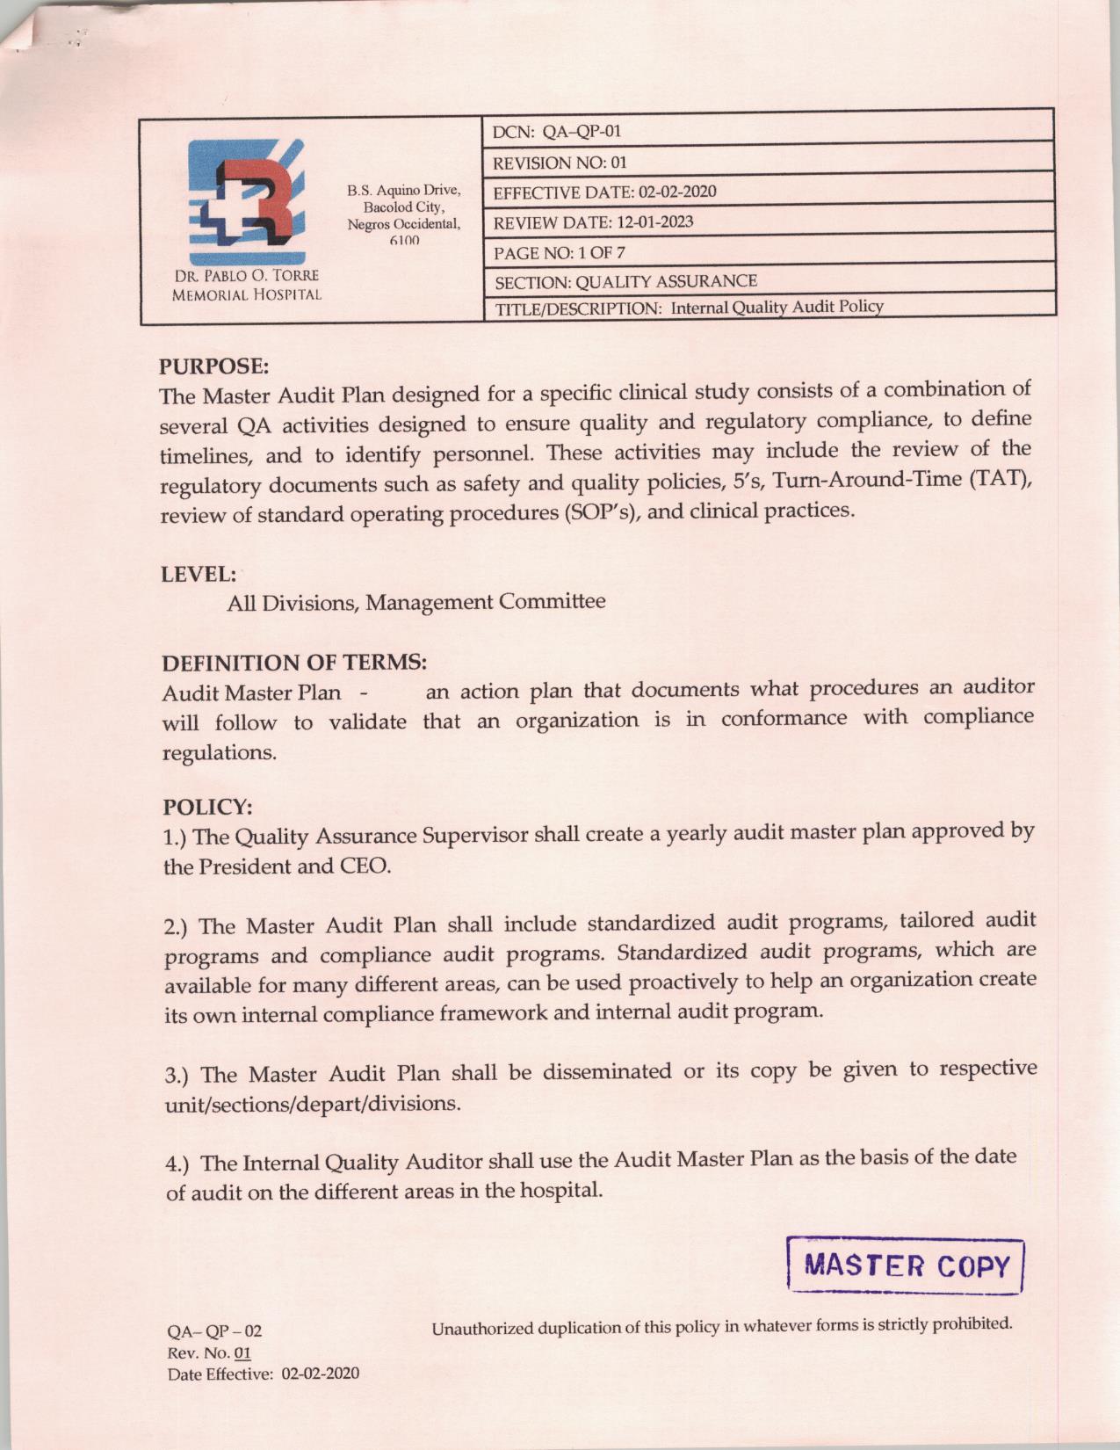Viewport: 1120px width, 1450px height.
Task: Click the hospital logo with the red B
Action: pos(247,200)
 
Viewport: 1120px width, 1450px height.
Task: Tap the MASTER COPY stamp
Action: pos(906,1266)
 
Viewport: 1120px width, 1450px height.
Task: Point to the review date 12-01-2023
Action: pos(654,221)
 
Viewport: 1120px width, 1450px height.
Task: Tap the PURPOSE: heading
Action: pos(213,366)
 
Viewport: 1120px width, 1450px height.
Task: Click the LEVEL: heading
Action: pos(199,574)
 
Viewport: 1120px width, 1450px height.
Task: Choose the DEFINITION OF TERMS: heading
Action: pos(294,662)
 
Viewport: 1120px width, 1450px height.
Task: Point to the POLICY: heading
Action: pos(208,806)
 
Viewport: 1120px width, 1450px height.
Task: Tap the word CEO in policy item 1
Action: pos(365,866)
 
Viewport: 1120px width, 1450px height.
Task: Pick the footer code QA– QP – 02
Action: pos(214,1331)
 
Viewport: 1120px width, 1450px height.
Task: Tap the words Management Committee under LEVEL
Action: pos(486,602)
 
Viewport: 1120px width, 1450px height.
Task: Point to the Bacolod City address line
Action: pos(404,207)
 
